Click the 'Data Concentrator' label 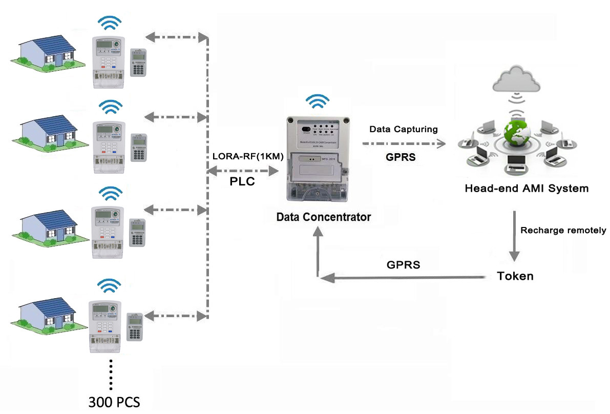click(x=323, y=217)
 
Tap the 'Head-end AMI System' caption click(x=527, y=189)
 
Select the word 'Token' click(x=515, y=276)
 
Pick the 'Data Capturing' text click(x=404, y=129)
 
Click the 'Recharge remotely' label click(x=563, y=230)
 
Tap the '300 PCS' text click(x=114, y=401)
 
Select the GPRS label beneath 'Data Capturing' click(x=401, y=157)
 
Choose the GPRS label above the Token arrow click(x=404, y=265)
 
